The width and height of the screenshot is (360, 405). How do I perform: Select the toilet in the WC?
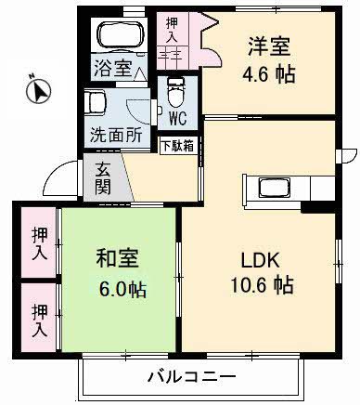click(177, 93)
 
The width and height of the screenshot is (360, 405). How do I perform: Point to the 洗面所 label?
click(115, 134)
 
